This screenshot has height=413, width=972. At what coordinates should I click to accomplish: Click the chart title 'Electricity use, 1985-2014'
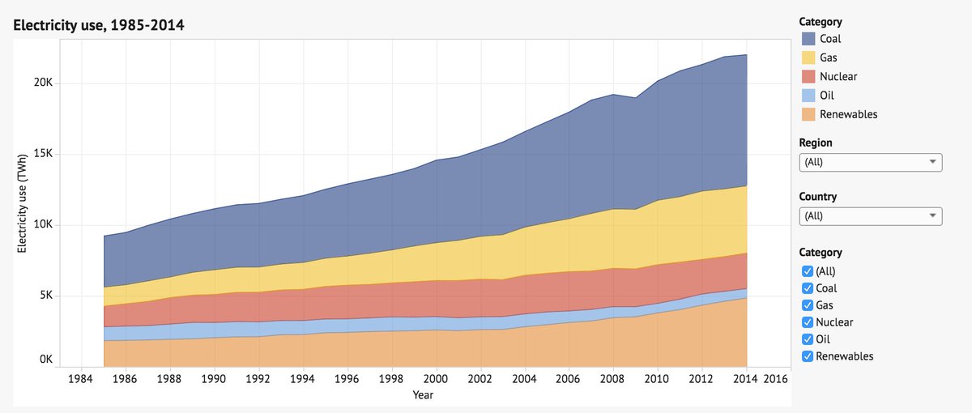[x=99, y=25]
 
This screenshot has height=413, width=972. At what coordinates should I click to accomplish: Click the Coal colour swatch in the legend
[x=808, y=39]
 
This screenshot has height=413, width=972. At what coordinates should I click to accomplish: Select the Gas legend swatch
[x=808, y=57]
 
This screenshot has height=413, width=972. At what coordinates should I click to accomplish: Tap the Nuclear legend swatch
[x=808, y=77]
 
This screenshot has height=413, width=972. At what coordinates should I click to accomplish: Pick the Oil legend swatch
[x=808, y=96]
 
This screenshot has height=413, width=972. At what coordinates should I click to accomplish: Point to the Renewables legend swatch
[x=808, y=114]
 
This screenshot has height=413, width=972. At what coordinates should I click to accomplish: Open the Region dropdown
[x=870, y=162]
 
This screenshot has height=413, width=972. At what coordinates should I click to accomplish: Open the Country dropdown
[x=870, y=215]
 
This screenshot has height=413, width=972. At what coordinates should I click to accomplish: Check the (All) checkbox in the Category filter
[x=806, y=271]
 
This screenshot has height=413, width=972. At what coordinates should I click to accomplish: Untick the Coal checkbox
[x=806, y=288]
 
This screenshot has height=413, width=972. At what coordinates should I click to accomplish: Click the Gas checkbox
[x=806, y=305]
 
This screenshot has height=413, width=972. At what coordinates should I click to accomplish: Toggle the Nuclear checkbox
[x=806, y=322]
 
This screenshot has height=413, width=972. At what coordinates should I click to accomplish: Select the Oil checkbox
[x=806, y=339]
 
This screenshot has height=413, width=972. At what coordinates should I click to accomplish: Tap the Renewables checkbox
[x=806, y=356]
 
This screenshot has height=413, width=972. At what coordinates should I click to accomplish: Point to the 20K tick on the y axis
[x=42, y=83]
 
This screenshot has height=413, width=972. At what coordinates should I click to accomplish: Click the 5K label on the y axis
[x=45, y=296]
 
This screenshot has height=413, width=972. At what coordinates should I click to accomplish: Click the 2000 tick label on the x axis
[x=436, y=378]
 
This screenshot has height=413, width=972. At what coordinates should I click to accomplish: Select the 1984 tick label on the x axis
[x=80, y=378]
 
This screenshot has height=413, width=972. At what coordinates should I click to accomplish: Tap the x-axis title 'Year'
[x=422, y=395]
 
